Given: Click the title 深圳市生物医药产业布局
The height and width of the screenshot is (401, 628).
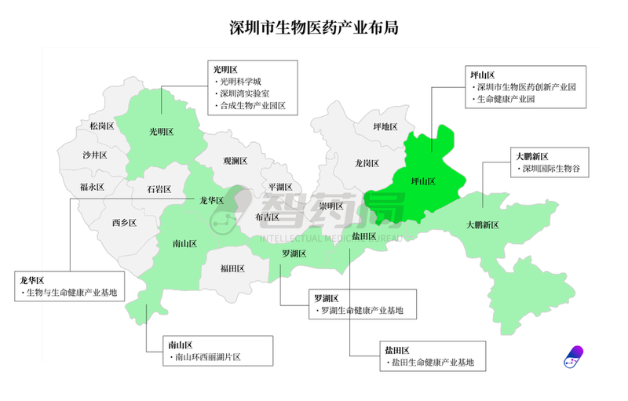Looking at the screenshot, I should point(313,27).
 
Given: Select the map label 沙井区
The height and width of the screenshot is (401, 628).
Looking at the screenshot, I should point(94,155).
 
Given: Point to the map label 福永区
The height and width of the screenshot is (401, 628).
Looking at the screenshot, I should point(91,187).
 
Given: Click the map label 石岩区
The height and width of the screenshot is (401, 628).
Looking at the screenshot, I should point(159,189).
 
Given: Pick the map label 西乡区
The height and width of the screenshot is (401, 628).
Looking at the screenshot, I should point(124,223).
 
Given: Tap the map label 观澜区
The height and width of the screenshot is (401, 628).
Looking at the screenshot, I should point(235,161).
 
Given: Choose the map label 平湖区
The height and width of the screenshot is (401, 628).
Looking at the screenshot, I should point(280,187).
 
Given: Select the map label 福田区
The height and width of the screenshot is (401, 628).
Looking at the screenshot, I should point(232,268).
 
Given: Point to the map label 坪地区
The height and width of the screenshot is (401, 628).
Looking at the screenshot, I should point(385,126).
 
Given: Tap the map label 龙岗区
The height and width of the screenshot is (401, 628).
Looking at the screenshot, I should point(367,163).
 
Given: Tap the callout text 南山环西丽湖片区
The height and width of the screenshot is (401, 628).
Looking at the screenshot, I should point(206,358).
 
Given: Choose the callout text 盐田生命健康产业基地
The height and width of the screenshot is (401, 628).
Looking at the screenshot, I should point(429,363).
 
